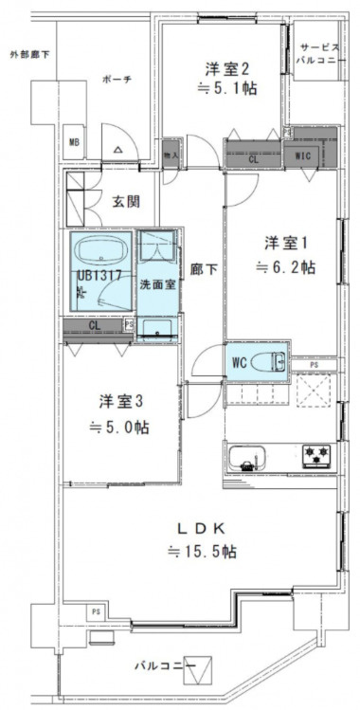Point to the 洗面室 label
156,282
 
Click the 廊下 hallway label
205,269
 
